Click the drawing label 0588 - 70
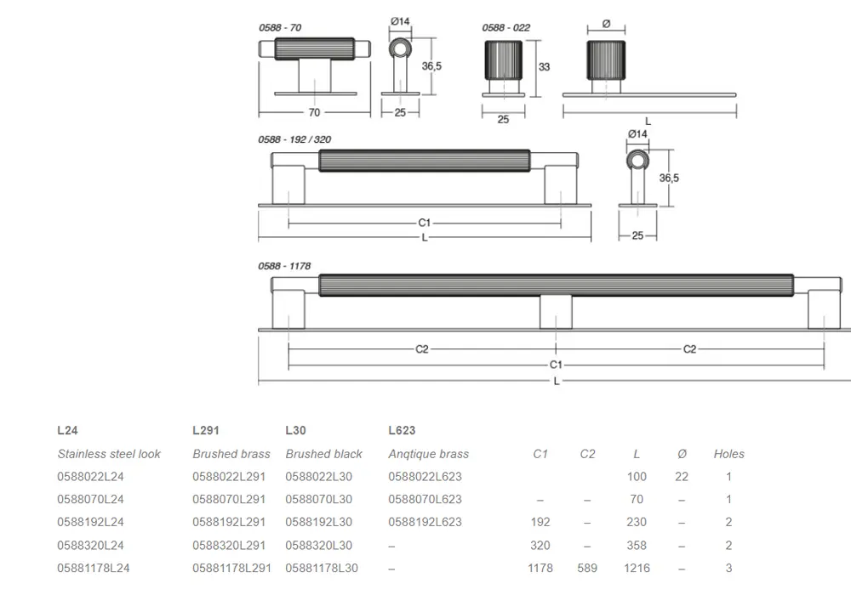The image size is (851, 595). coord(280,28)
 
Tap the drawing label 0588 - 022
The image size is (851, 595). coord(505,28)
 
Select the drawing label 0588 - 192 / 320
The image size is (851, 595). coord(294,139)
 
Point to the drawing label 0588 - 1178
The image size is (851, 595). coord(284,266)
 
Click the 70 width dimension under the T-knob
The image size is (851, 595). coord(314,113)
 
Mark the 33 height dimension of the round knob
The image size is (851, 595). coord(544,66)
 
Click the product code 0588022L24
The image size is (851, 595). coord(91,477)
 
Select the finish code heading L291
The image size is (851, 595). coord(206,430)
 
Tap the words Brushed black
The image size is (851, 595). coord(323,454)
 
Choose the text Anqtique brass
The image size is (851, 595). coord(428,454)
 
